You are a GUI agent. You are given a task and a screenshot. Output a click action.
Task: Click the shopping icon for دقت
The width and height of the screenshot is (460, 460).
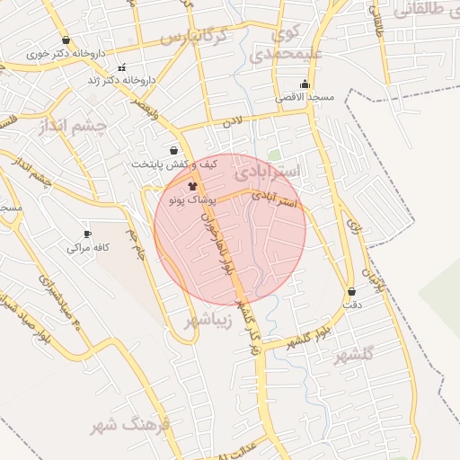350,291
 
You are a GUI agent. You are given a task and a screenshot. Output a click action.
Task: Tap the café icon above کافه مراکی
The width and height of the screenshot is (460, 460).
87,234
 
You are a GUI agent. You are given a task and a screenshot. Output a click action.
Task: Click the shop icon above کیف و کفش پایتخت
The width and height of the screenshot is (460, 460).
173,150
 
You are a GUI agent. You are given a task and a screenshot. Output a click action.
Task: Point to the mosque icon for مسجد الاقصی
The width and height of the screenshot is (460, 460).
305,84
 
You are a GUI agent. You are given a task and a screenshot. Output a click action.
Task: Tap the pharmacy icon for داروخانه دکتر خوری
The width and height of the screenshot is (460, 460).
66,40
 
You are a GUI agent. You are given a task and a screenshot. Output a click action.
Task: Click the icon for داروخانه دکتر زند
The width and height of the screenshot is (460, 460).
122,66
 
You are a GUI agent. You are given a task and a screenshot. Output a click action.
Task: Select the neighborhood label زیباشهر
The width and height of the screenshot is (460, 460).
212,321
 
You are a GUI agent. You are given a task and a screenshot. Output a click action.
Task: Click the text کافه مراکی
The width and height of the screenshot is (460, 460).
89,248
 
